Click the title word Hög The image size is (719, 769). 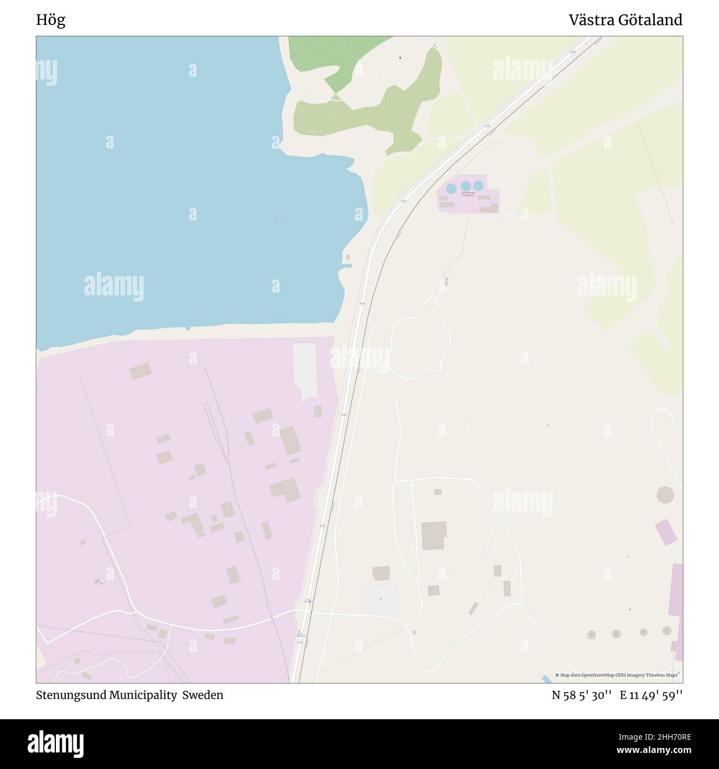(50, 20)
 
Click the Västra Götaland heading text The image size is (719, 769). (626, 20)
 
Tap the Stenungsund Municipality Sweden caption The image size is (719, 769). (130, 695)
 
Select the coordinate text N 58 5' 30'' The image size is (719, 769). (581, 695)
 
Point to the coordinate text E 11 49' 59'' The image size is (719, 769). (651, 695)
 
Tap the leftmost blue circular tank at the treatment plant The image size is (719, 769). (451, 189)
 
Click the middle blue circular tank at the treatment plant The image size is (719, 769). (466, 186)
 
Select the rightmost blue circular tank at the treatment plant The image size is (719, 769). (478, 185)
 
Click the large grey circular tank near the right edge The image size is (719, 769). (665, 495)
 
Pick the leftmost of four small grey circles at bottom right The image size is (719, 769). (591, 635)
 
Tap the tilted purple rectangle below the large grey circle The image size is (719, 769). (666, 532)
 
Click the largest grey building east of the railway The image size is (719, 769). (434, 535)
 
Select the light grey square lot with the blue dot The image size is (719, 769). (381, 599)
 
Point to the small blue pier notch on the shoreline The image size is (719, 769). (347, 266)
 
